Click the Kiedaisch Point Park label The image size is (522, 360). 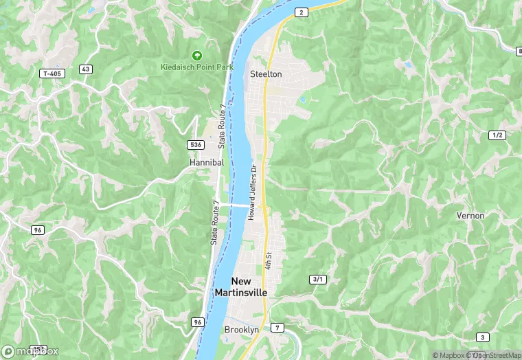point(196,67)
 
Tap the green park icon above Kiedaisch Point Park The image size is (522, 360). point(197,55)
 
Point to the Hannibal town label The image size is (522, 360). point(207,162)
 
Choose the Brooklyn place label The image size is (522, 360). point(242,330)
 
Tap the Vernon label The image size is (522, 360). point(470,216)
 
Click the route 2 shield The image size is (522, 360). point(301,12)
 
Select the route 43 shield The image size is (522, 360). point(86,69)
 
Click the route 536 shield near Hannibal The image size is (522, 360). point(196,144)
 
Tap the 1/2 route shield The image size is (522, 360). point(498,135)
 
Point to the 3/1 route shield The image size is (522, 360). point(317,279)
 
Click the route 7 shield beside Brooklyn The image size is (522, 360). point(277,327)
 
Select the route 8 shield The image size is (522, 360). point(519,51)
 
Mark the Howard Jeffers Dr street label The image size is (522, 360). point(253,192)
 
